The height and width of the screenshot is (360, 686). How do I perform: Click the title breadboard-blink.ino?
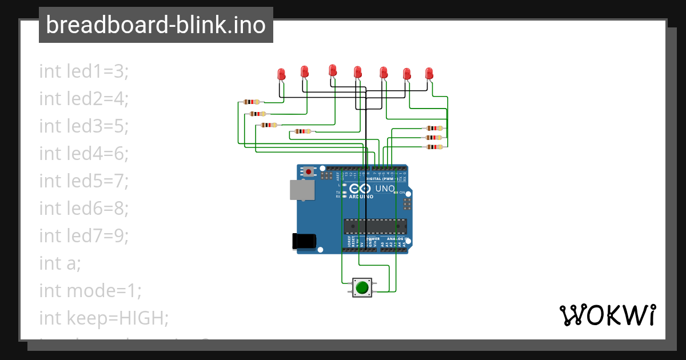(x=155, y=25)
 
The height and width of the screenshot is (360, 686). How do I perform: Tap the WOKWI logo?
(x=607, y=315)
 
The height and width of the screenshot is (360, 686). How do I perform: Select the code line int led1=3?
(x=84, y=71)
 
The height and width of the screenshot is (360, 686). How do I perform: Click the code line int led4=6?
(x=84, y=154)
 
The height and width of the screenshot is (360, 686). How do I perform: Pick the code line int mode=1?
(x=90, y=291)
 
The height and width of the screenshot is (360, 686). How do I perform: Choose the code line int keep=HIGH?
(x=103, y=318)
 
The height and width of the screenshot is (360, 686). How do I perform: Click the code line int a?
(x=60, y=263)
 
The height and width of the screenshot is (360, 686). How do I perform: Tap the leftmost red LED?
(x=281, y=74)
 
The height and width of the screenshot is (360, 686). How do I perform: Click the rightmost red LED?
(x=429, y=73)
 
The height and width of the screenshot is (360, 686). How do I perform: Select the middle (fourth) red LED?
(x=357, y=72)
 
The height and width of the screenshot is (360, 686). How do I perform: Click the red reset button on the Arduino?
(x=309, y=171)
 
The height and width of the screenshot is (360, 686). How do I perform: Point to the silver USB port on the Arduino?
(x=301, y=190)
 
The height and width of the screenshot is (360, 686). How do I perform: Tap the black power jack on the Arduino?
(x=303, y=241)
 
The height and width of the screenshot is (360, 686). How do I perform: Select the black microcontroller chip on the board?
(x=374, y=226)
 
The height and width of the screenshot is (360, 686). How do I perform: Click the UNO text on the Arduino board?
(x=384, y=188)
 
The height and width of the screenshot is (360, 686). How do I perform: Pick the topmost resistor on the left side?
(x=251, y=102)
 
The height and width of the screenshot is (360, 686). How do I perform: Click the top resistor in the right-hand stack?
(x=434, y=129)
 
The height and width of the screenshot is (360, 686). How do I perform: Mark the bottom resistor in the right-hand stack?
(x=434, y=147)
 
